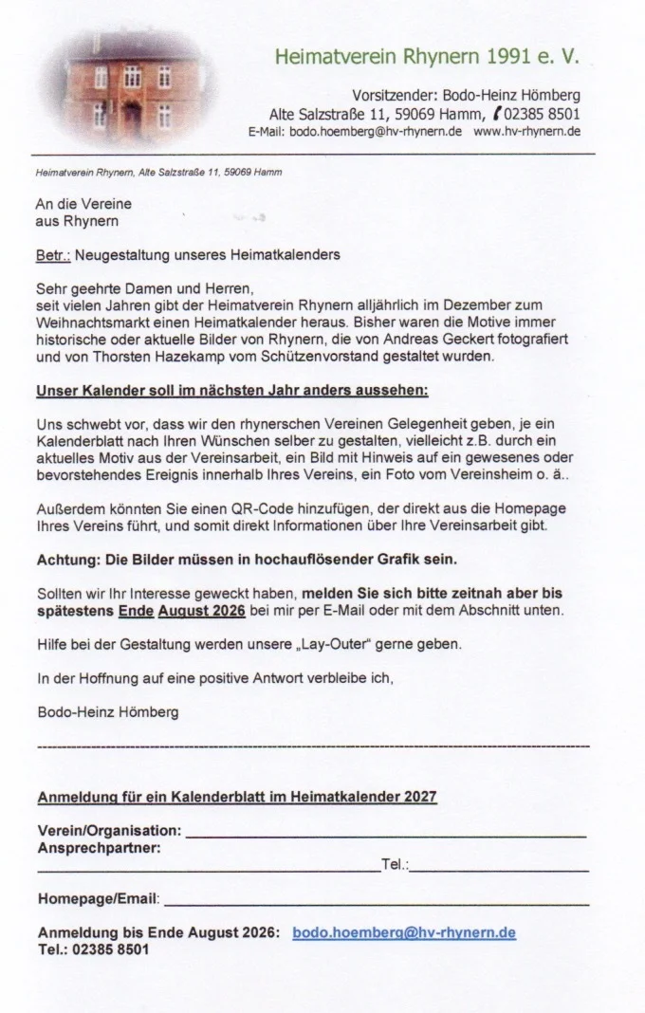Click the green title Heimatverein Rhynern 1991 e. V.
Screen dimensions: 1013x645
click(x=426, y=57)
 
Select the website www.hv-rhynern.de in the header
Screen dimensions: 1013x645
click(x=527, y=131)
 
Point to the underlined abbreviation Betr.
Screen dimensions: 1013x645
click(x=51, y=255)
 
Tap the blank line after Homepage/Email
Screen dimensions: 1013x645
click(x=376, y=898)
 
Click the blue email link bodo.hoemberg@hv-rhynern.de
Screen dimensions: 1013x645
click(x=404, y=932)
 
